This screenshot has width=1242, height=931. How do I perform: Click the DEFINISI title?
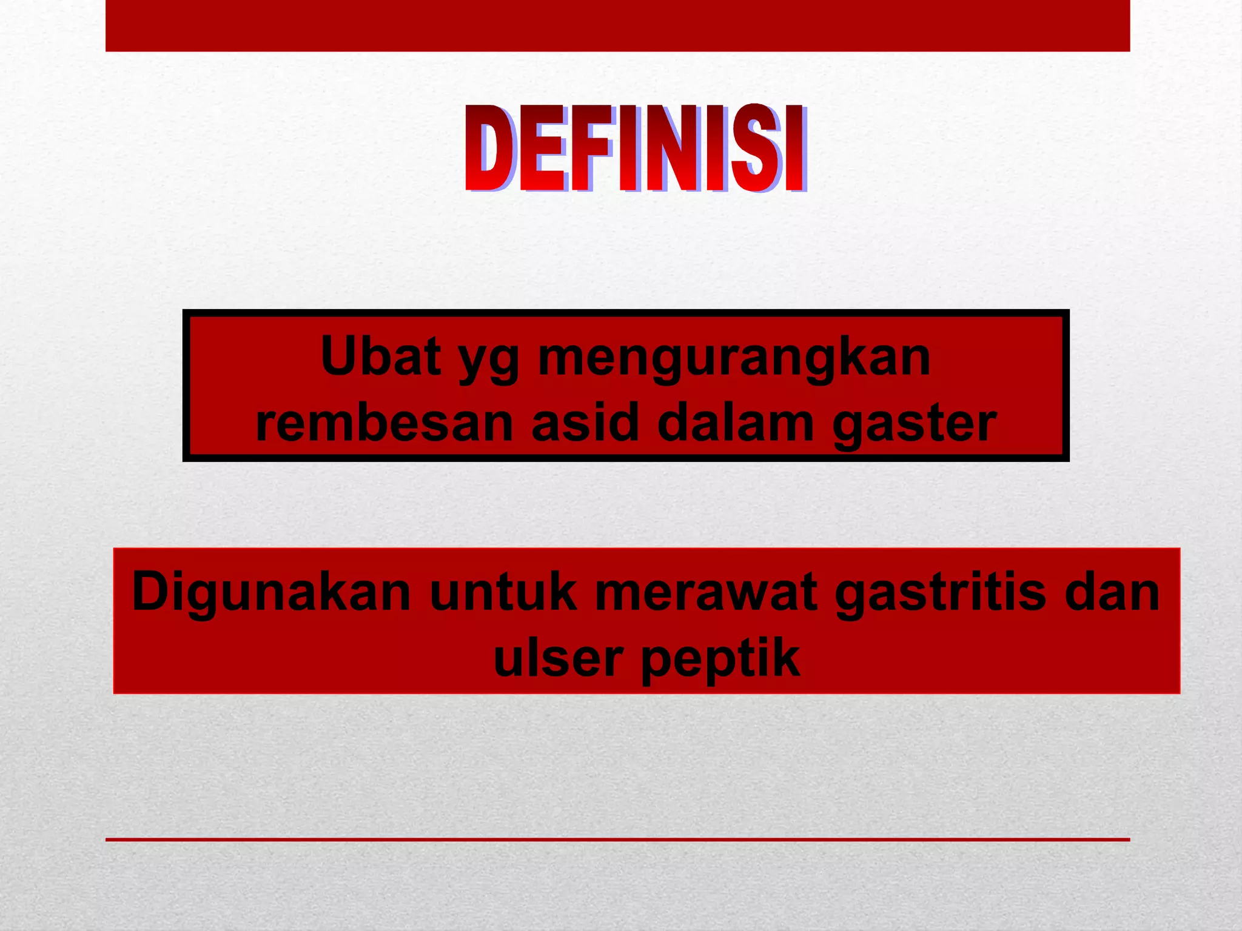[636, 148]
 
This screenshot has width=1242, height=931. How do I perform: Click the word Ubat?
[380, 356]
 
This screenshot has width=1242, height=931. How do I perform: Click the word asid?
[585, 423]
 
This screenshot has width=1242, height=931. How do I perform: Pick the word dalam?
[736, 423]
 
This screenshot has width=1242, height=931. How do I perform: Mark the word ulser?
[558, 659]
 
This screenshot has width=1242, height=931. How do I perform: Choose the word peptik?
[720, 661]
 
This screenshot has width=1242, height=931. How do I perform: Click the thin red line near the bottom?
[617, 839]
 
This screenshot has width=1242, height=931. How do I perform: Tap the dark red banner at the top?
[617, 25]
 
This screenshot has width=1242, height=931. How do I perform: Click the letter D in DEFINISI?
[490, 148]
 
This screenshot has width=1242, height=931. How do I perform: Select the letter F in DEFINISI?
[591, 148]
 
